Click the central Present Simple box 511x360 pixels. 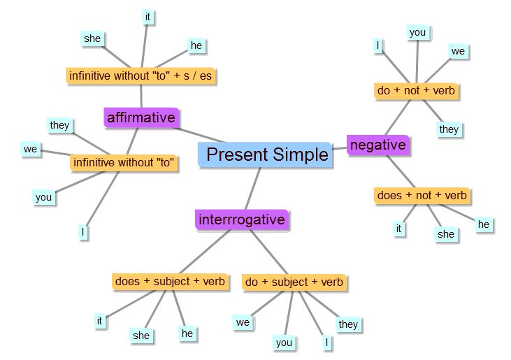[265, 154]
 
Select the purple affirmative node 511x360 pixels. [141, 117]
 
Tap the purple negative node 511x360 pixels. [378, 145]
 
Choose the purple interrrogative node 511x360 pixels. [242, 219]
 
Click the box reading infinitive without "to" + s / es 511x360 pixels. [141, 76]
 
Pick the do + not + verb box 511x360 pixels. [416, 91]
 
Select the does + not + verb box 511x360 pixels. [422, 196]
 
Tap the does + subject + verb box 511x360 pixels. [170, 282]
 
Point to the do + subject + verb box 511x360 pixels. [294, 282]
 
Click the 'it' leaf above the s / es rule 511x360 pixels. [147, 17]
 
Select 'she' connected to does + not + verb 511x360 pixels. [446, 234]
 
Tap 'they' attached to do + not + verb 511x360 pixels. [449, 129]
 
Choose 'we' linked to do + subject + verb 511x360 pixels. [243, 322]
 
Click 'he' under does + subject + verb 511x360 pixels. [187, 333]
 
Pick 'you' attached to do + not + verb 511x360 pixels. [418, 33]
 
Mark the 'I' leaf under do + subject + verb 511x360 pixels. [327, 343]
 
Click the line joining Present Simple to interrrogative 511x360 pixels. [253, 189]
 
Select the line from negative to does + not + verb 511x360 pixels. [401, 171]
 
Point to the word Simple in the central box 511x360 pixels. [300, 154]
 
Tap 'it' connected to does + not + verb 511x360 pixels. [398, 229]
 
